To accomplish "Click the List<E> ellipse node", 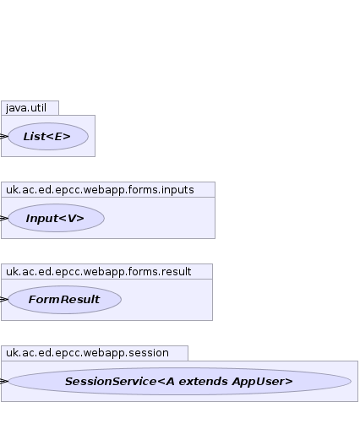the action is [48, 136].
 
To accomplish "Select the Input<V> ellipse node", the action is [56, 218].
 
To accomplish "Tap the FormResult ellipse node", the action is [64, 300].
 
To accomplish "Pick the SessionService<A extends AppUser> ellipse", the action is [179, 381].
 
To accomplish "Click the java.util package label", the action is [26, 108].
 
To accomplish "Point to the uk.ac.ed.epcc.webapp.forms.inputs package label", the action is [100, 190].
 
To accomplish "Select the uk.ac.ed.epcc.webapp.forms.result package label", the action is [99, 272].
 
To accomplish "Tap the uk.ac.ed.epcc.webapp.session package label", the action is [87, 353].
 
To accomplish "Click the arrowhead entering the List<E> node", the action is [4, 136].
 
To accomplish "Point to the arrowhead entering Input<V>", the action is [4, 218].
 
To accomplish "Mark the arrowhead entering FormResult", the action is [4, 300].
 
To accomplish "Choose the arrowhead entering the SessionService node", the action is [4, 381].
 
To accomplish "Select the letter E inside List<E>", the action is [58, 137].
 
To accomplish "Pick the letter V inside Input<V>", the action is [71, 219].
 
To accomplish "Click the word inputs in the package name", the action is [177, 191].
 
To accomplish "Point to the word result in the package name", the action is [177, 272].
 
